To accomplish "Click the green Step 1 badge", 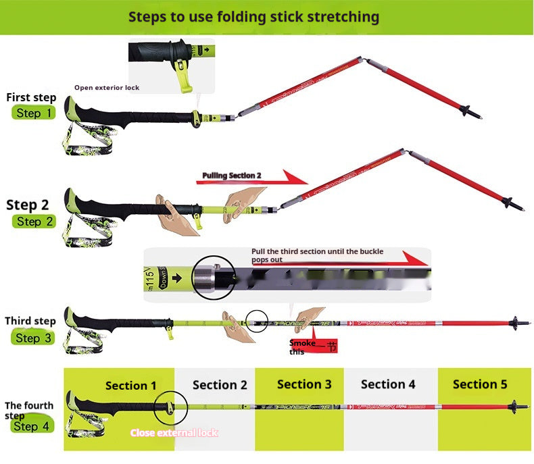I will coord(33,113).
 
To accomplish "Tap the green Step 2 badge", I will coord(33,222).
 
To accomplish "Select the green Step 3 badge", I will coord(33,338).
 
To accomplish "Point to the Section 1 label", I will coord(130,386).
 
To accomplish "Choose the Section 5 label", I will coord(480,384).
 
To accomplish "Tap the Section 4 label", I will coord(388,384).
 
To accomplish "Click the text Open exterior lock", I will coord(107,88).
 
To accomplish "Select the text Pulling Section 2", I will coord(231,176).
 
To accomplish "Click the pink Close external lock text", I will coord(174,432).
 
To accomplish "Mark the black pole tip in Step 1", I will coord(470,111).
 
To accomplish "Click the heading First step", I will coord(31,98).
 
